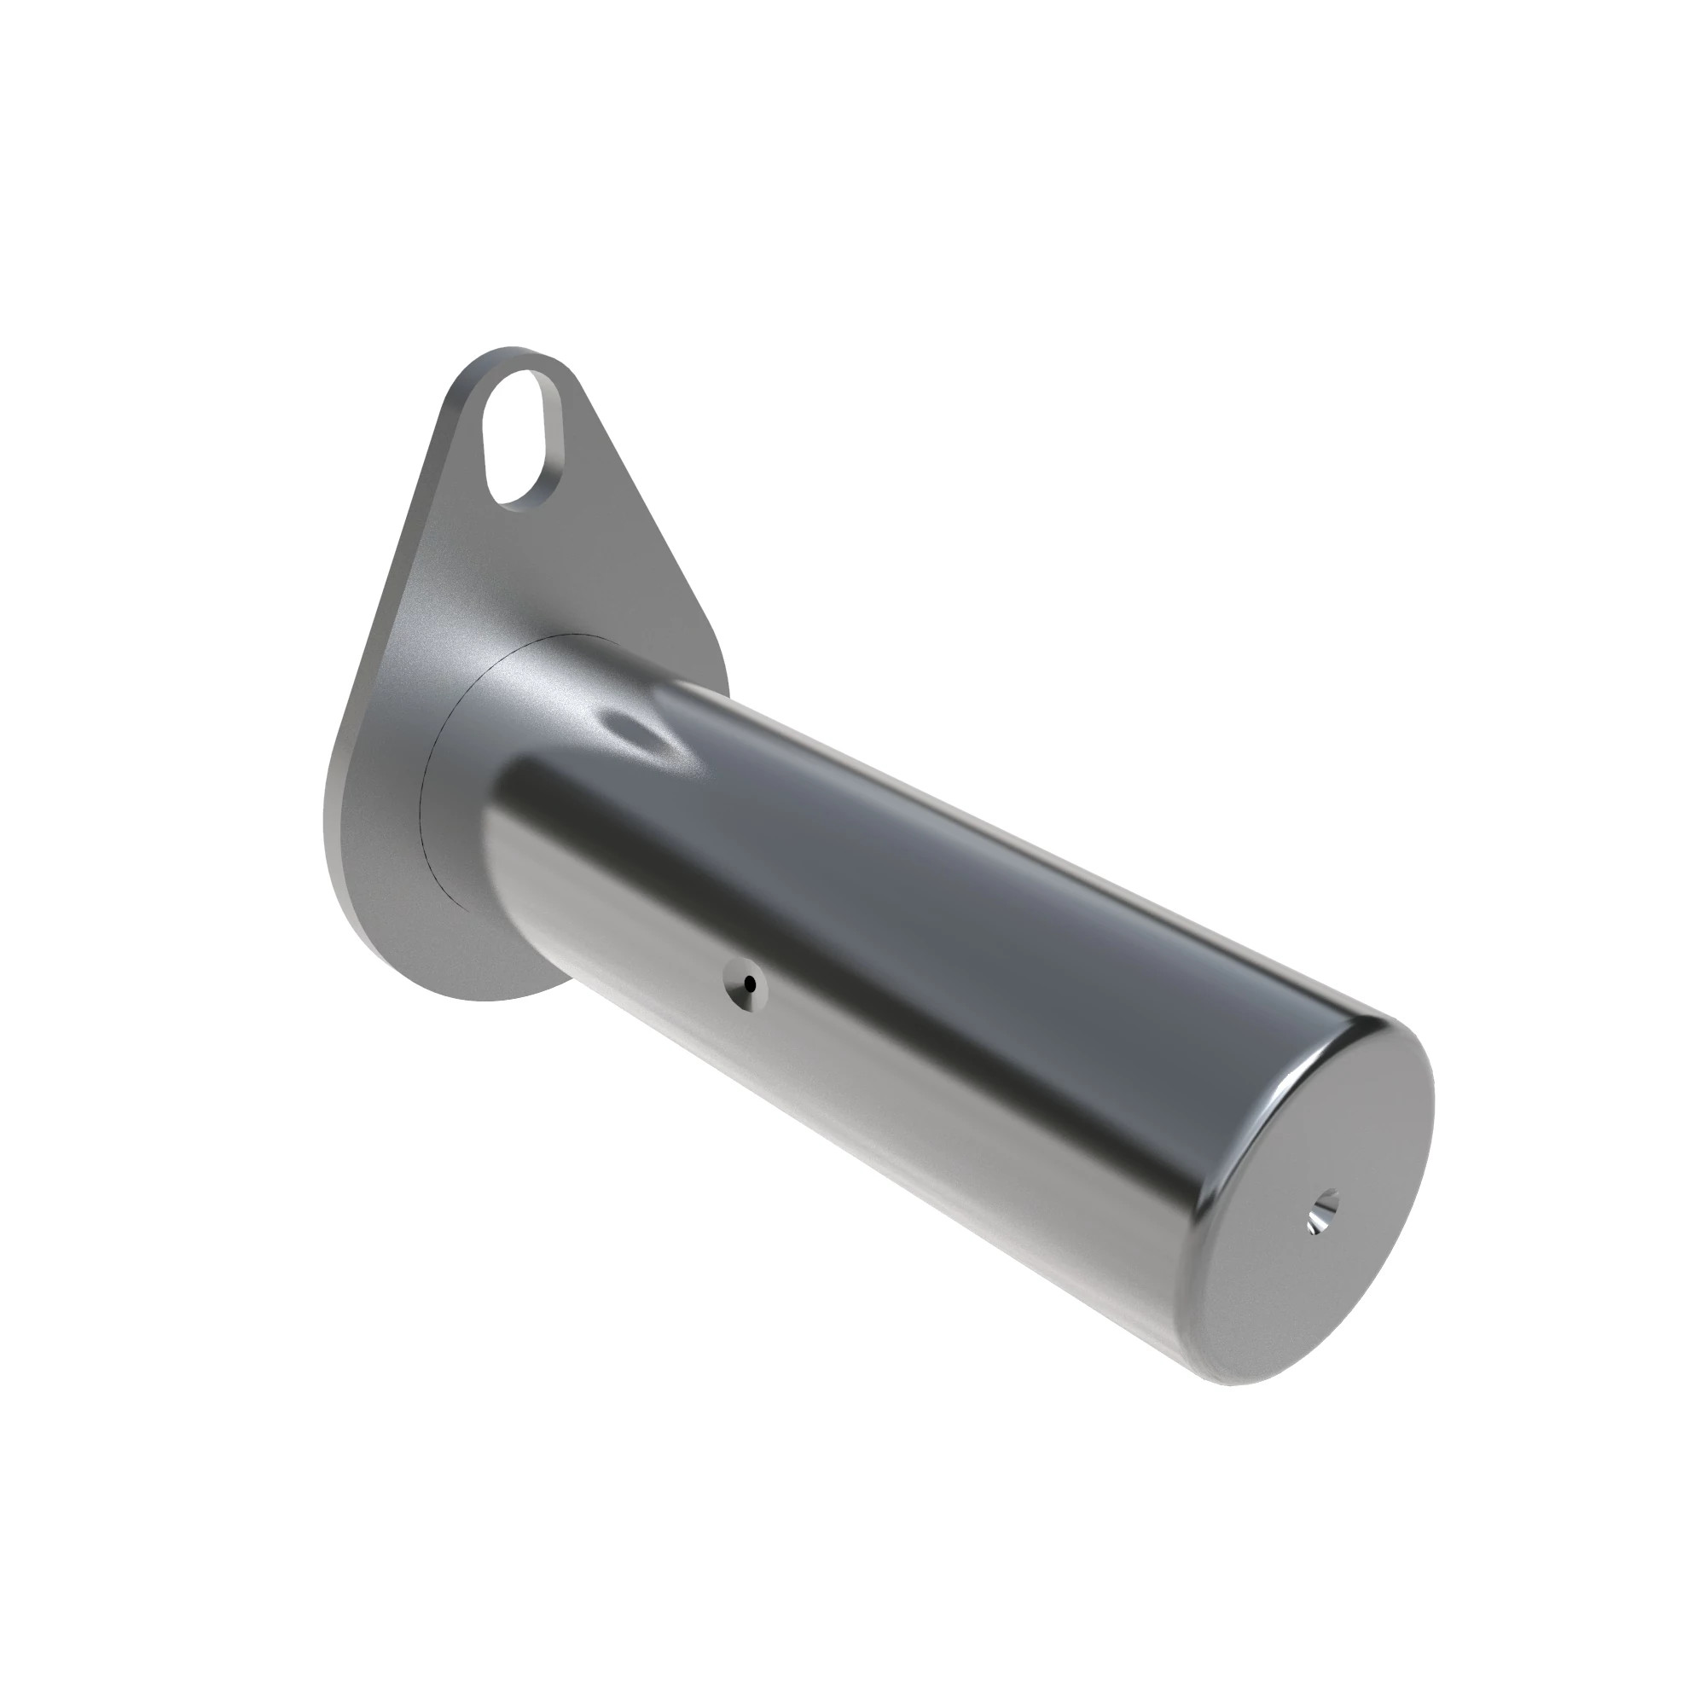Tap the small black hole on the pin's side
click(x=750, y=983)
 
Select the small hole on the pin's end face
click(x=1322, y=1211)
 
